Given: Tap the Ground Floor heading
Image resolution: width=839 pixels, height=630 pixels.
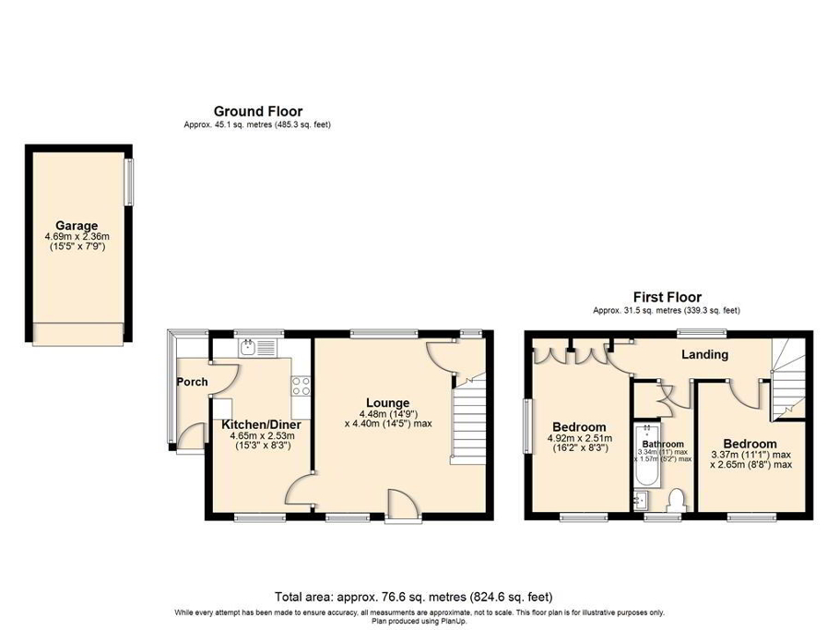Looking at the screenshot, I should [x=257, y=112].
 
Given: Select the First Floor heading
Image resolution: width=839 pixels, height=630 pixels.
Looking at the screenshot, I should [x=667, y=297].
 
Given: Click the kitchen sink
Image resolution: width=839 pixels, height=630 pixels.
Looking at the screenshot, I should [x=249, y=348].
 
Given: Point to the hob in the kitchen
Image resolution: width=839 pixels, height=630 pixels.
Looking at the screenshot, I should [x=301, y=385].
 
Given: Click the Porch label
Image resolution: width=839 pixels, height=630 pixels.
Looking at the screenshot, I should [x=192, y=382].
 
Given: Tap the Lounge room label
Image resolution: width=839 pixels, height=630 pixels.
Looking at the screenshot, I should [x=387, y=402].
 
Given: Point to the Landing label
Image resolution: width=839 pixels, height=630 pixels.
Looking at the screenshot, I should [x=704, y=354].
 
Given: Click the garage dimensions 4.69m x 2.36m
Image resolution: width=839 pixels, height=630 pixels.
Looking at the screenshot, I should [x=77, y=236].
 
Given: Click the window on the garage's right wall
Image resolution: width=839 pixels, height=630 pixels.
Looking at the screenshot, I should [x=130, y=184].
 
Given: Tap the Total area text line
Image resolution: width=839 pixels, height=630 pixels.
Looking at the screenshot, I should [x=414, y=596].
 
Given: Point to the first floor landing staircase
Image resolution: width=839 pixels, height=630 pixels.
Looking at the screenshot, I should [x=786, y=377].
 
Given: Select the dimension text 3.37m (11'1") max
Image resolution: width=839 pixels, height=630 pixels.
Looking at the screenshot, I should [x=750, y=455].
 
